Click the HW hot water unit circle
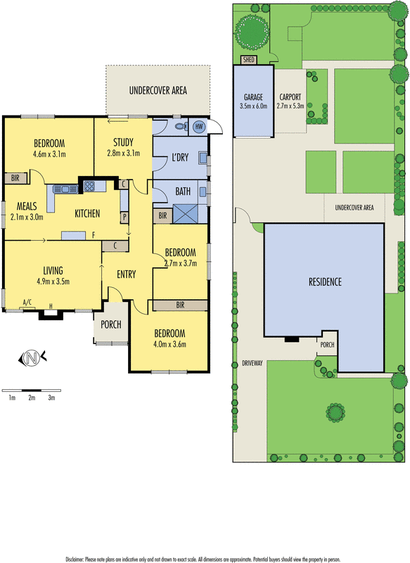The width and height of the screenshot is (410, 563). [199, 127]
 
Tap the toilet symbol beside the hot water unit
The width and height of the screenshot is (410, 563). [182, 126]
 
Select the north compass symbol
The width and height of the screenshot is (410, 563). [32, 358]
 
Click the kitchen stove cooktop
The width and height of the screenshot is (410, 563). [89, 186]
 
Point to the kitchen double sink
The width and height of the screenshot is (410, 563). [65, 189]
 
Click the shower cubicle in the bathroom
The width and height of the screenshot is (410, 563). [186, 214]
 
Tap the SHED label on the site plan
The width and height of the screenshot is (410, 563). [248, 60]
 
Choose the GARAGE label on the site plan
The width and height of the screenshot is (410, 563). [253, 97]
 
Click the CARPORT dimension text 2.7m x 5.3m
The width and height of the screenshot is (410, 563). [290, 106]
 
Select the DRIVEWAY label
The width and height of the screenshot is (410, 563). [252, 363]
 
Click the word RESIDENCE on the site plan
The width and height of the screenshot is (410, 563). [325, 282]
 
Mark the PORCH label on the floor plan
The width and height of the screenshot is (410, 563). [111, 324]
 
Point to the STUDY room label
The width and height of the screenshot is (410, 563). [123, 142]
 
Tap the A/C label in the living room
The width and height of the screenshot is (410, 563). [27, 303]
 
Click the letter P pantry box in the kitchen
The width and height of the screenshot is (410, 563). [124, 217]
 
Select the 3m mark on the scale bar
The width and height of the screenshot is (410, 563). [51, 398]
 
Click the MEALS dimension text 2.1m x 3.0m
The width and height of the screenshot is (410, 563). [27, 217]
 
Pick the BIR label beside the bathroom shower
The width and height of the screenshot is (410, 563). [162, 216]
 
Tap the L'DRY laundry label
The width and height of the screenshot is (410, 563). [180, 157]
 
